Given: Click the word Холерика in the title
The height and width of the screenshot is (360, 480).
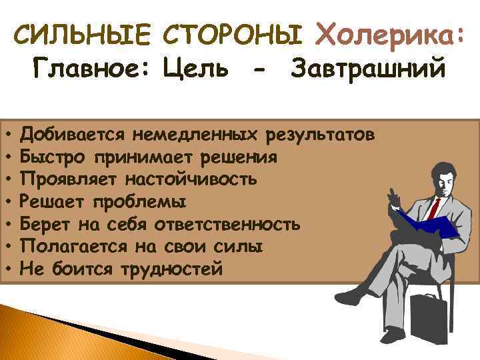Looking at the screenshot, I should (389, 33).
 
